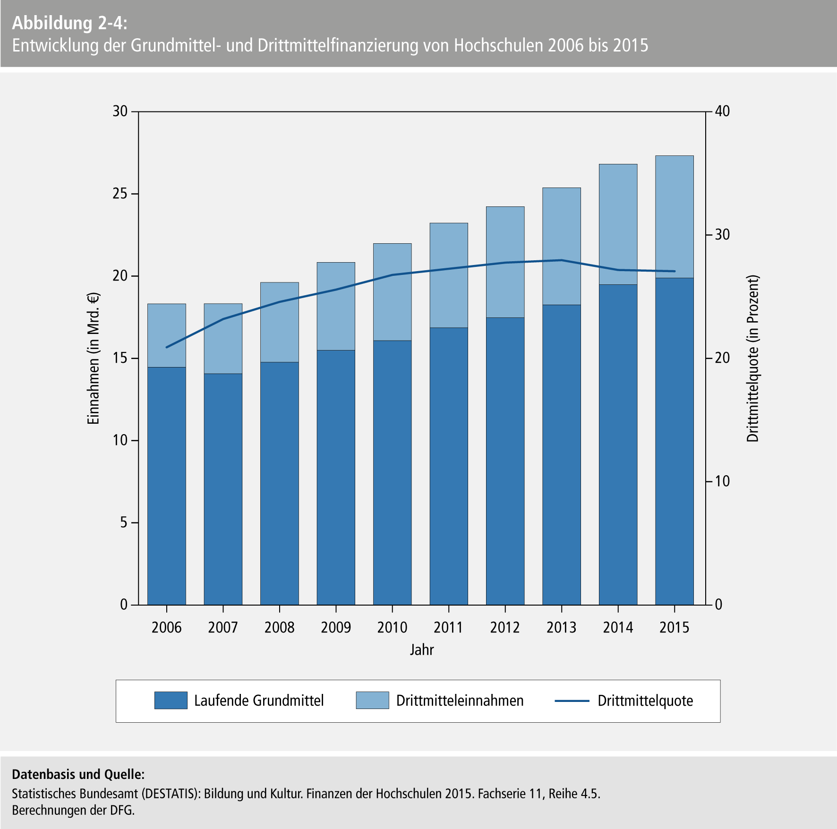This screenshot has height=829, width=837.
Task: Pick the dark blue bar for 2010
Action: tap(393, 472)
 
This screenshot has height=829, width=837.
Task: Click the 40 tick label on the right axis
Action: tap(722, 111)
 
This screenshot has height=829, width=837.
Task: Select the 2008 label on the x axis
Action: tap(280, 627)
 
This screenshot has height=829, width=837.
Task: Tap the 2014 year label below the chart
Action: tap(618, 627)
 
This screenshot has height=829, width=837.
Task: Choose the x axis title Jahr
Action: tap(421, 650)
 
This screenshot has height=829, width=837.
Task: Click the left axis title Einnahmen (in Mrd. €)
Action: tap(94, 359)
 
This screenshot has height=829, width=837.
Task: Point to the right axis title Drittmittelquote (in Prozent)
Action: tap(752, 359)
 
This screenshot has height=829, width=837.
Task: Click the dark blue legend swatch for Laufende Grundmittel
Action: tap(171, 701)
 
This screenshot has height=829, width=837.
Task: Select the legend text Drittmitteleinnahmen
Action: tap(460, 701)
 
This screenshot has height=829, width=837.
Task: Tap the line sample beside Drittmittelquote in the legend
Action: tap(572, 701)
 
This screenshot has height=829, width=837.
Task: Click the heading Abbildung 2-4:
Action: tap(69, 23)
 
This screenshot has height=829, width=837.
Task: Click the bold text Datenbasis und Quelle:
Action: tap(78, 774)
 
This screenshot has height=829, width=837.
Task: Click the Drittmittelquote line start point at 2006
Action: tap(167, 347)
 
